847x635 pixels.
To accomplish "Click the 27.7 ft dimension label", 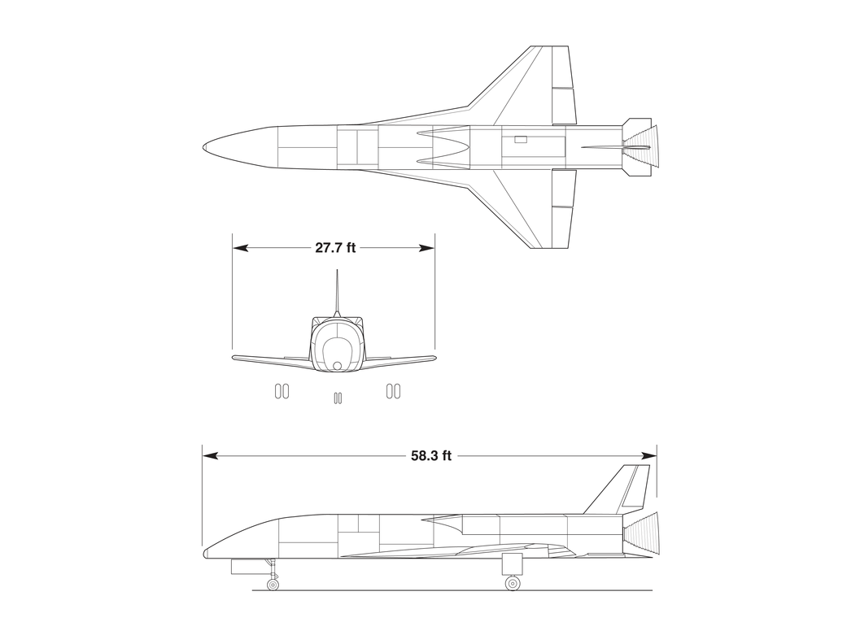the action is coord(335,248).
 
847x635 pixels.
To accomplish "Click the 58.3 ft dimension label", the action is coord(431,456).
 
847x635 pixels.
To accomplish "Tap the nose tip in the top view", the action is coord(203,147).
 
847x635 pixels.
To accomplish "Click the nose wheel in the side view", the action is coord(273,585).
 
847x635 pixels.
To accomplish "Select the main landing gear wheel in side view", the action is coord(512,583).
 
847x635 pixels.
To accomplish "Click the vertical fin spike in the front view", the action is coord(337,293).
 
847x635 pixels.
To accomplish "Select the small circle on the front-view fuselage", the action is coord(338,366).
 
